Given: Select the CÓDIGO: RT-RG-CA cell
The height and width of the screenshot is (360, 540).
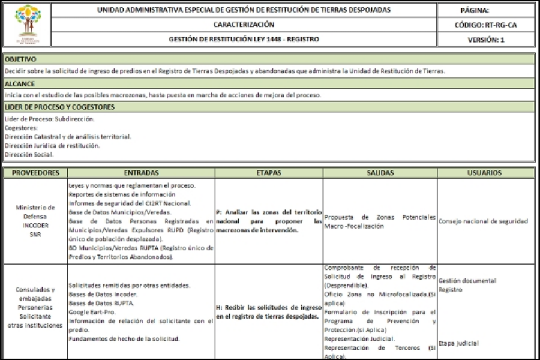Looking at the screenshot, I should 485,25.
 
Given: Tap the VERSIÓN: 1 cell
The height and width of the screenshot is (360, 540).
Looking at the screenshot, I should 485,40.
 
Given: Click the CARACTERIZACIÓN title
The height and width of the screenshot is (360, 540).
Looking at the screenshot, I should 244,25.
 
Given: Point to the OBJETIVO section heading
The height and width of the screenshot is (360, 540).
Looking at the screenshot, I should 20,59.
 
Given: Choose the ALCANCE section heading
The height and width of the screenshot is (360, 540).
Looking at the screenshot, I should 19,84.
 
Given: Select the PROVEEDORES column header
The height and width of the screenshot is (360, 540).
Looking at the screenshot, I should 35,173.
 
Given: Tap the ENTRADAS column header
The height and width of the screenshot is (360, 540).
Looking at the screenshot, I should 141,173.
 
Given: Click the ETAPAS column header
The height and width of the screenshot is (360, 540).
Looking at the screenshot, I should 269,173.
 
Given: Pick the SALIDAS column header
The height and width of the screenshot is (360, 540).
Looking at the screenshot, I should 380,173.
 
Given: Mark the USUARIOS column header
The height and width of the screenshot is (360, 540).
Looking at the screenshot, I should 485,173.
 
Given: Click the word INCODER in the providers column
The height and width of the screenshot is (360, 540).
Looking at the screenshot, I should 35,226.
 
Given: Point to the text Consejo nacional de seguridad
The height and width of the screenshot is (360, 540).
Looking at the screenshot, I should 484,221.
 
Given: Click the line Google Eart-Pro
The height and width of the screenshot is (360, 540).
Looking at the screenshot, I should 92,312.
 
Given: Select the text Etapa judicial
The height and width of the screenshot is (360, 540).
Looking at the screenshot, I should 458,343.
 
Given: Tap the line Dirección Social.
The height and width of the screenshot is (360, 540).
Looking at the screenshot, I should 29,154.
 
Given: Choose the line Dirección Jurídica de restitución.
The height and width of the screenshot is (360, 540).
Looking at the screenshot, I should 52,145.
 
